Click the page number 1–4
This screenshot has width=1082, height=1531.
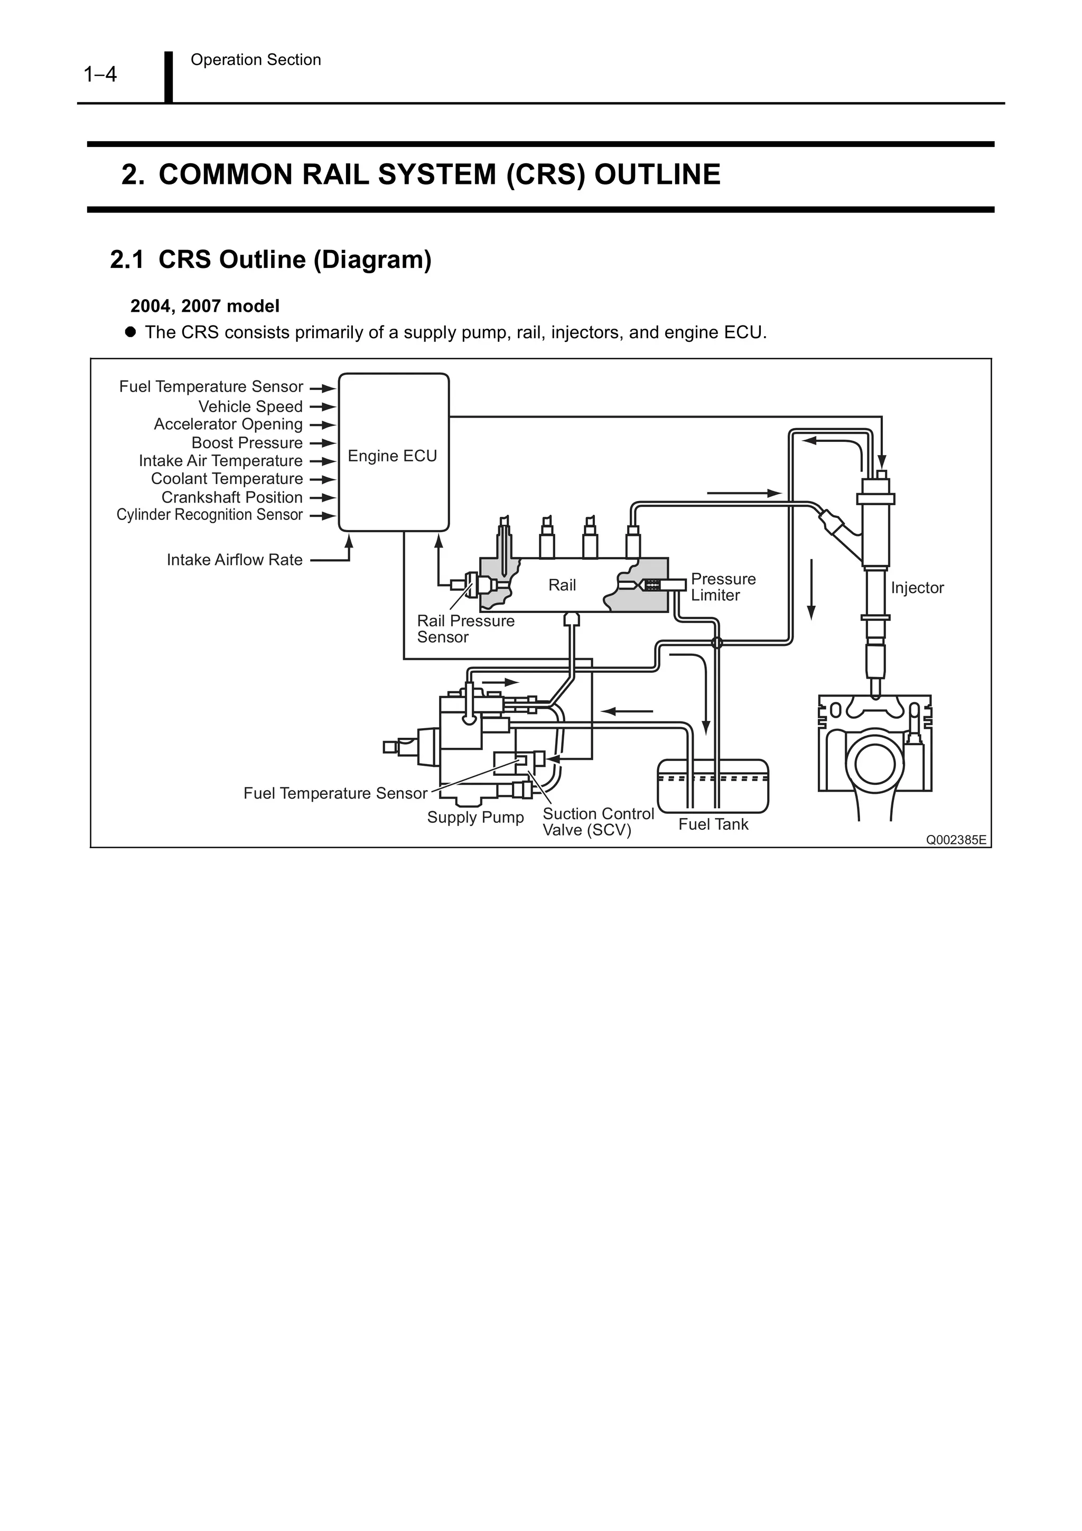point(100,74)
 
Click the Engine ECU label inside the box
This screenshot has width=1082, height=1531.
point(392,456)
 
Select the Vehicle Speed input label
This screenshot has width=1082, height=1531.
point(250,407)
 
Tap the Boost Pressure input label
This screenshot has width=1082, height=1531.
point(247,443)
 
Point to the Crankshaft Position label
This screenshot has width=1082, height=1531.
point(231,497)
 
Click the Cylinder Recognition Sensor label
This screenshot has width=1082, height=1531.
point(209,515)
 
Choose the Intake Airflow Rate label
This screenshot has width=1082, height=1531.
point(234,560)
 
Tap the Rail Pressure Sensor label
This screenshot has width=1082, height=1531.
point(465,629)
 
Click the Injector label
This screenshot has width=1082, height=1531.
point(917,588)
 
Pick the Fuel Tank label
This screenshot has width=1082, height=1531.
point(713,825)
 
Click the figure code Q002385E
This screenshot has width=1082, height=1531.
point(955,840)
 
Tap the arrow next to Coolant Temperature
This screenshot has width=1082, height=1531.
point(323,479)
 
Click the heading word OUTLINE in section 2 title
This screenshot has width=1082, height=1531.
point(657,175)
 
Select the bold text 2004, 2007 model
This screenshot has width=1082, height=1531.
point(204,306)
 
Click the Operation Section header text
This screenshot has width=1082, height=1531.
point(255,60)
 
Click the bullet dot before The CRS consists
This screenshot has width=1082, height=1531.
point(130,331)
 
